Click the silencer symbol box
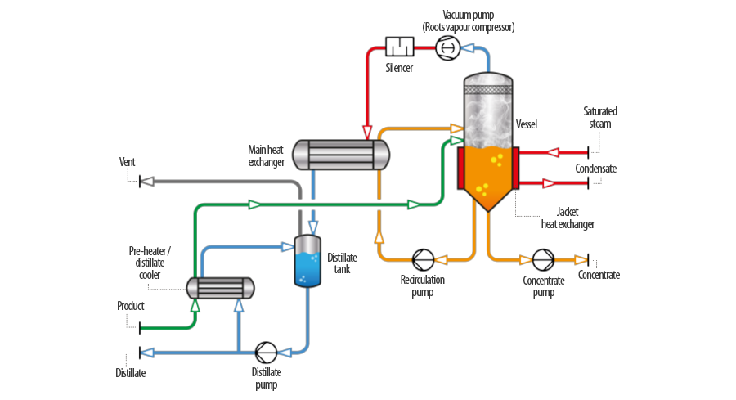pos(399,47)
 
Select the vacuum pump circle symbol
pos(447,48)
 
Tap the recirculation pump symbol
pos(423,260)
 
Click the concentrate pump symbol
pos(543,260)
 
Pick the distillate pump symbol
pos(266,353)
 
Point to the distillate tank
pos(307,261)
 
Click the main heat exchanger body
pos(341,155)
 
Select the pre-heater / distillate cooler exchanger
pos(221,288)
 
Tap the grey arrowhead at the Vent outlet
pos(147,182)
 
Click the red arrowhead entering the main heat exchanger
pos(366,132)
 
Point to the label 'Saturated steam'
pos(600,117)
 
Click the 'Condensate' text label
pos(595,169)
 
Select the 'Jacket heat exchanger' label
pos(568,218)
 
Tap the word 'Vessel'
pos(526,124)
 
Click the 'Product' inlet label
pos(131,306)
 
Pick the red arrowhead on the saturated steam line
pos(553,152)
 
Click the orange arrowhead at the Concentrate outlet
pos(581,259)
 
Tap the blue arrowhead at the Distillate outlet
pos(147,353)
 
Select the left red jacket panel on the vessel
pos(461,168)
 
